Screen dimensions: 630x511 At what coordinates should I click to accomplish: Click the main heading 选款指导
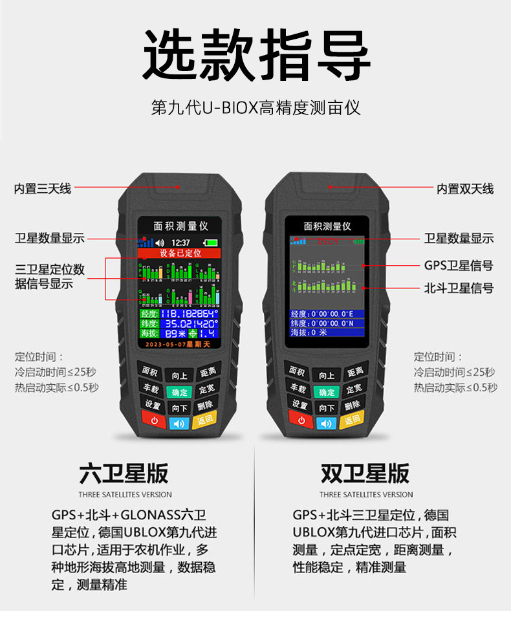point(255,55)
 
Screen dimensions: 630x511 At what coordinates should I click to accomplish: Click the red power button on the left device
point(153,422)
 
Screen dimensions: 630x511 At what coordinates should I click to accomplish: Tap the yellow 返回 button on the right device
point(351,420)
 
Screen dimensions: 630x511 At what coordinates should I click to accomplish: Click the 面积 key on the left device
point(149,372)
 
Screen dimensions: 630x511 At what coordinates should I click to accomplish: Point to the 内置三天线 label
point(43,189)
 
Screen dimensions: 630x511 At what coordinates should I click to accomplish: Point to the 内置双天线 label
point(464,189)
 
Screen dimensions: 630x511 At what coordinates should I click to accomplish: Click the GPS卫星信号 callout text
point(458,265)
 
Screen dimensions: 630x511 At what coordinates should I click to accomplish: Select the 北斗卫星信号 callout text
point(458,288)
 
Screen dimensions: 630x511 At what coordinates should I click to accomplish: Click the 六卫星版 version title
point(124,473)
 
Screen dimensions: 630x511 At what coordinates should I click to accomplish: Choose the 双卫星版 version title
point(365,473)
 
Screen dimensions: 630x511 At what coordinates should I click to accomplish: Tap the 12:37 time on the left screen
point(181,243)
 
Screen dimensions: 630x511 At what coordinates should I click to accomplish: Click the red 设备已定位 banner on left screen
point(180,253)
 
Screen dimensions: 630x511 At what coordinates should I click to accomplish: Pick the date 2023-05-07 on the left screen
point(165,345)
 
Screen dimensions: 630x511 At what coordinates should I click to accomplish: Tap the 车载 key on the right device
point(298,388)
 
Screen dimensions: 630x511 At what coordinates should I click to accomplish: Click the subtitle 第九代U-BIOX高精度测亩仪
point(255,107)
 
